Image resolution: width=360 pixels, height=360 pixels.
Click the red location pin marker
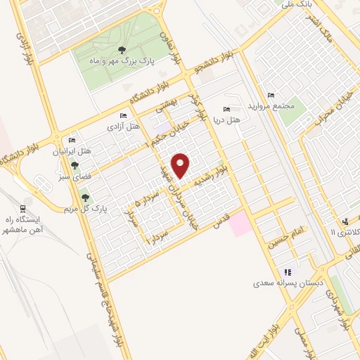181,165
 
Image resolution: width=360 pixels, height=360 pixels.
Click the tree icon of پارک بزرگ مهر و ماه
122,49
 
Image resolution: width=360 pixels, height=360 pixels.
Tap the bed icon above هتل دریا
226,109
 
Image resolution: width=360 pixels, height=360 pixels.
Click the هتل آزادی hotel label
123,127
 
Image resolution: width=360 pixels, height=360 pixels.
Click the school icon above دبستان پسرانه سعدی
287,272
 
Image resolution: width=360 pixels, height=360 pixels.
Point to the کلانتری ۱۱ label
343,231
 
